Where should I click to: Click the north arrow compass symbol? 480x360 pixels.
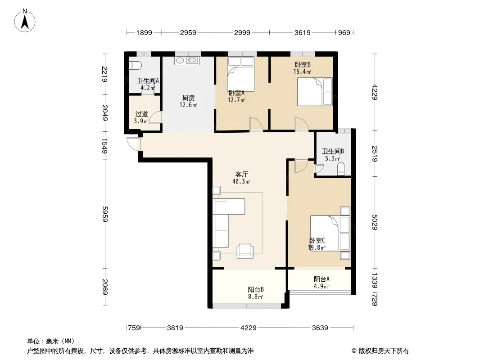(x=25, y=21)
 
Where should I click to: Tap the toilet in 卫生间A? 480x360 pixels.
(x=135, y=65)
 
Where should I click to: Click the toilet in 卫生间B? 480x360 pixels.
(x=341, y=169)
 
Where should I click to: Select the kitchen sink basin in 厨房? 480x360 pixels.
(x=179, y=61)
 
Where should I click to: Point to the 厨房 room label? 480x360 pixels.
(x=188, y=98)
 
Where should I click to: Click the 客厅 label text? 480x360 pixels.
(x=241, y=174)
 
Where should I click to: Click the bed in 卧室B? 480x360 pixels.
(x=315, y=92)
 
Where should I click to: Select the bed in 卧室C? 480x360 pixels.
(x=330, y=234)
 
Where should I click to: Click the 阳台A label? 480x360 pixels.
(x=322, y=279)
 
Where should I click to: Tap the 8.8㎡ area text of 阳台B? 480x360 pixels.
(x=256, y=297)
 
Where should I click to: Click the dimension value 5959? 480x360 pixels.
(x=105, y=214)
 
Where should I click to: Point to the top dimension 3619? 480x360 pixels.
(x=303, y=32)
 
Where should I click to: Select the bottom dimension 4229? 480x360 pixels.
(x=248, y=328)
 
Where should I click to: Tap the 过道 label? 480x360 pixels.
(x=141, y=114)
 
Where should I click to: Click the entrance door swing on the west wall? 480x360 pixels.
(x=134, y=144)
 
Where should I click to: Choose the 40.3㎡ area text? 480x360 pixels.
(x=241, y=182)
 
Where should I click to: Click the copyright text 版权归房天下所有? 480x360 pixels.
(x=384, y=351)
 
